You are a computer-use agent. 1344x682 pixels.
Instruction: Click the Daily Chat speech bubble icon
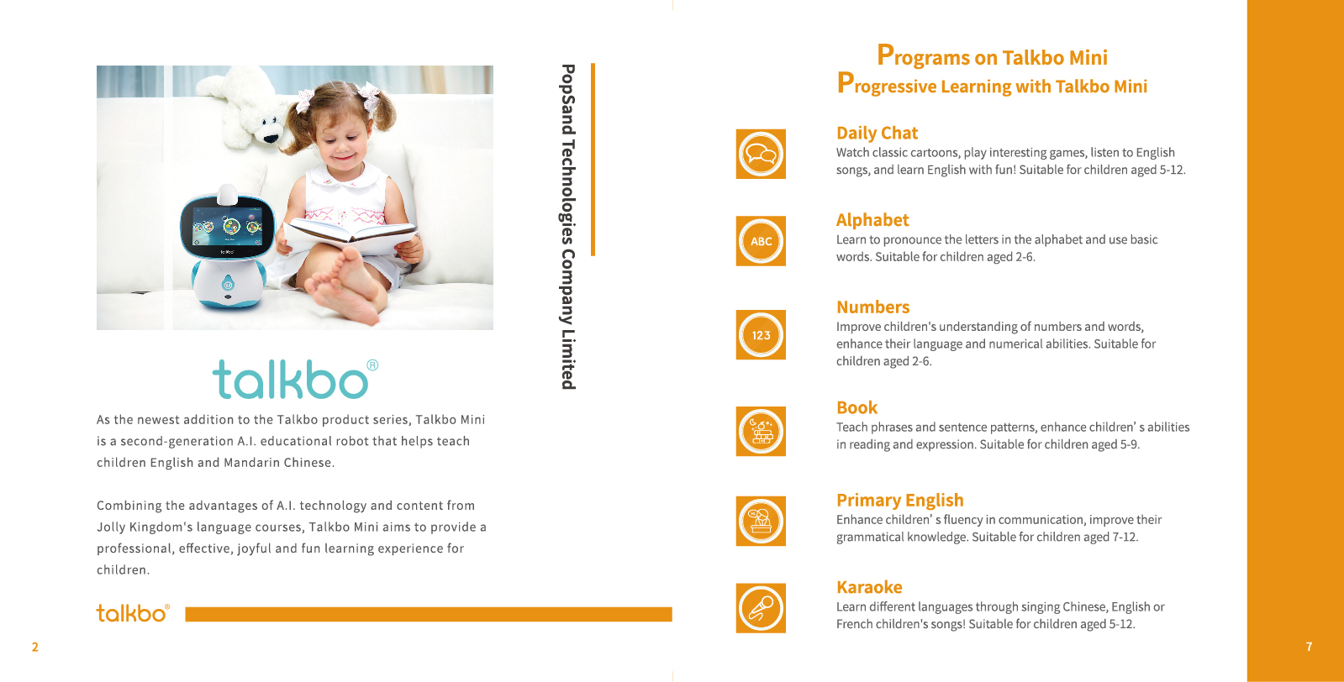pos(761,154)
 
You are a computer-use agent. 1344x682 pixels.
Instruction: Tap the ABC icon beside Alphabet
pos(761,241)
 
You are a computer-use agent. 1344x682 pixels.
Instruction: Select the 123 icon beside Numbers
pos(761,335)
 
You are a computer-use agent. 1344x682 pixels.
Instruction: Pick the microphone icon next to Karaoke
pos(761,608)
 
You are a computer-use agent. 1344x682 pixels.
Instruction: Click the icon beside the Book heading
pos(761,432)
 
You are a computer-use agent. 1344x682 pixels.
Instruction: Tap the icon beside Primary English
pos(761,521)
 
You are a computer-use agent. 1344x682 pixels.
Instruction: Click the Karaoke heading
pos(869,587)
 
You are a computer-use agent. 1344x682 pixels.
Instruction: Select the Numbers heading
pos(873,307)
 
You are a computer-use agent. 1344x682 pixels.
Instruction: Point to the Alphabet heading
pos(872,220)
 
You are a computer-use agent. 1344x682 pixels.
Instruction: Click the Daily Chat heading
pos(878,133)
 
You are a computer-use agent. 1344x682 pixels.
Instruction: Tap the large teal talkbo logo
pos(295,379)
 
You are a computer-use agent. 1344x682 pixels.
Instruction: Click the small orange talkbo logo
pos(133,613)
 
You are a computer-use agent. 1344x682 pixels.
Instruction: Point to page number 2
pos(34,647)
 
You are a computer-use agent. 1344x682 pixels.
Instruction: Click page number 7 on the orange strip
pos(1310,647)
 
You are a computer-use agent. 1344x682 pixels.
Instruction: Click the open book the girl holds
pos(348,235)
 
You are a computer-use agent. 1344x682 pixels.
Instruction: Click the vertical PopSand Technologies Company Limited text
pos(567,227)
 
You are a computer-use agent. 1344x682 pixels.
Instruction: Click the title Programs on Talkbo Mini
pos(992,55)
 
